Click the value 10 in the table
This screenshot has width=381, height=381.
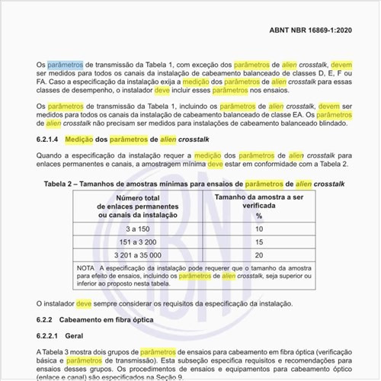[259, 229]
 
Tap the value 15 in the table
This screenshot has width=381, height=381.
[259, 242]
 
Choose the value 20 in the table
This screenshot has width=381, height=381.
[259, 255]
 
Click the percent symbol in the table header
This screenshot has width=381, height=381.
[259, 216]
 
